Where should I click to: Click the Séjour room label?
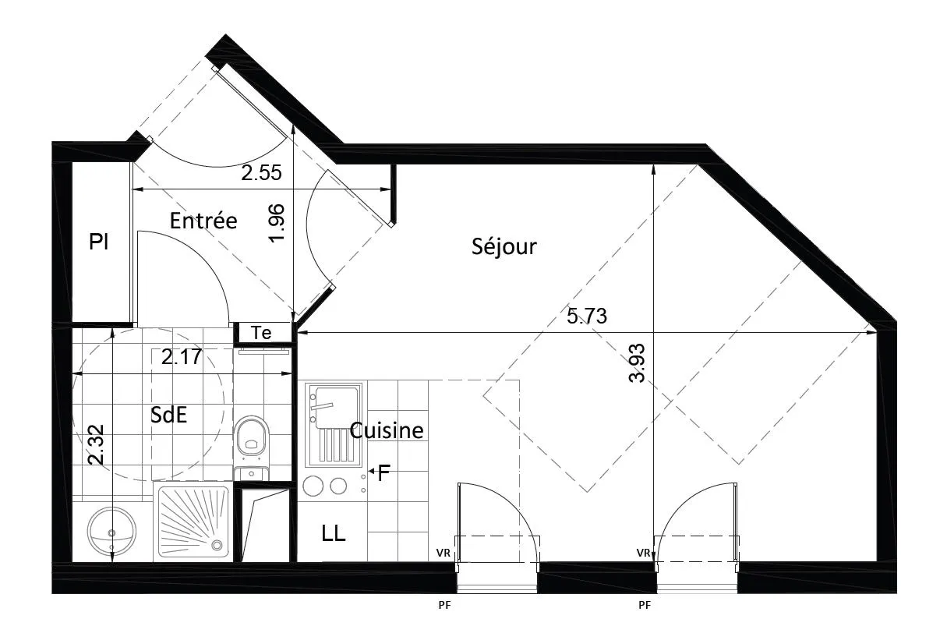click(x=504, y=247)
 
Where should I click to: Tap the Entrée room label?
click(x=203, y=221)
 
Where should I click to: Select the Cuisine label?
click(x=387, y=430)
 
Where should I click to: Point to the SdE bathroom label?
click(x=169, y=416)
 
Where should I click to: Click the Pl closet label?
click(x=98, y=242)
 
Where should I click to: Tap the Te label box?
click(x=262, y=334)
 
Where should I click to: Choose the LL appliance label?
click(x=333, y=534)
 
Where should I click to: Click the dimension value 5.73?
click(x=586, y=316)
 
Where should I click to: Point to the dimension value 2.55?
click(x=260, y=174)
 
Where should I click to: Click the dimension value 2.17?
click(x=182, y=358)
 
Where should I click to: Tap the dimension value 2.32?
click(x=96, y=445)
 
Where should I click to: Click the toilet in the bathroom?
click(x=251, y=437)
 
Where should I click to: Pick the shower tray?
click(x=193, y=522)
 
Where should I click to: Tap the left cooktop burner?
click(x=313, y=486)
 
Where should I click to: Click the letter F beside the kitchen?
click(x=383, y=472)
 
